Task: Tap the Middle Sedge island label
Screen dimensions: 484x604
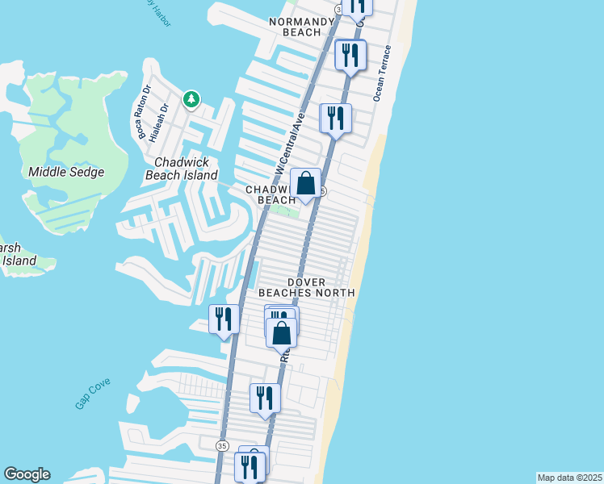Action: [66, 172]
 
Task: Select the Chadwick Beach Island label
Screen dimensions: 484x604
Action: [181, 168]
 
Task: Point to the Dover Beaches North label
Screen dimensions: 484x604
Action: [306, 286]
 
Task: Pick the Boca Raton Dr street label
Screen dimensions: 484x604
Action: [145, 111]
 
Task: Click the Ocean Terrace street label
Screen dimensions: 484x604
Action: [382, 73]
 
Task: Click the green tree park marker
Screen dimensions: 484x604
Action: [191, 100]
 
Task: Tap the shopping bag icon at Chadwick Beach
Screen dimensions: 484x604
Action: [306, 184]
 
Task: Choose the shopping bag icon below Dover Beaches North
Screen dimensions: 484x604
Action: [281, 333]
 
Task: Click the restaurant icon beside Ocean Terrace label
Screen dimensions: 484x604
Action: [350, 55]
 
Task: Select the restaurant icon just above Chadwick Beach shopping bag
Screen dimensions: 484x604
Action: [335, 119]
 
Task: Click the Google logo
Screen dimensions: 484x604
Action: [27, 474]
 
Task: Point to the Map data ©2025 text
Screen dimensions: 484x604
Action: [570, 478]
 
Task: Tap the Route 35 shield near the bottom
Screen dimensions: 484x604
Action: [222, 445]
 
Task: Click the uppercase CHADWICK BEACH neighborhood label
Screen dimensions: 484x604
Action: [271, 194]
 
